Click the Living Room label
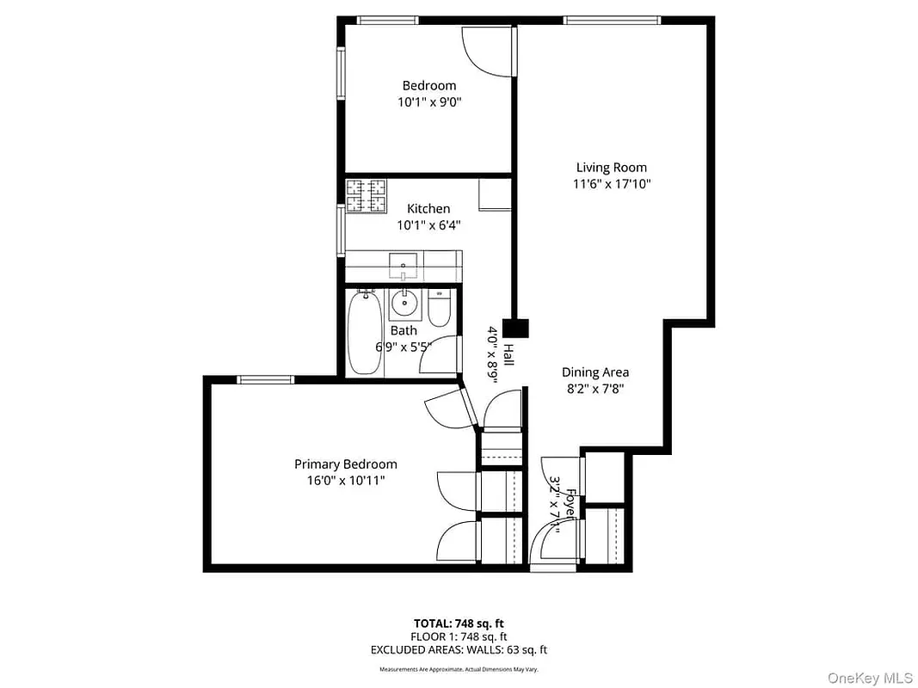(611, 168)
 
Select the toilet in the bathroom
(438, 310)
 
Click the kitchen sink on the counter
(402, 265)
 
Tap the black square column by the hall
(516, 328)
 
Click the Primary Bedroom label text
(345, 464)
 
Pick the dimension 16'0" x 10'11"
(345, 480)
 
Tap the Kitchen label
(428, 209)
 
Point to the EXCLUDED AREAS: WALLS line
(459, 650)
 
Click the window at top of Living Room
(612, 20)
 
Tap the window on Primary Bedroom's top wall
(266, 379)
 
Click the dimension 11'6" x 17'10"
(611, 184)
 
